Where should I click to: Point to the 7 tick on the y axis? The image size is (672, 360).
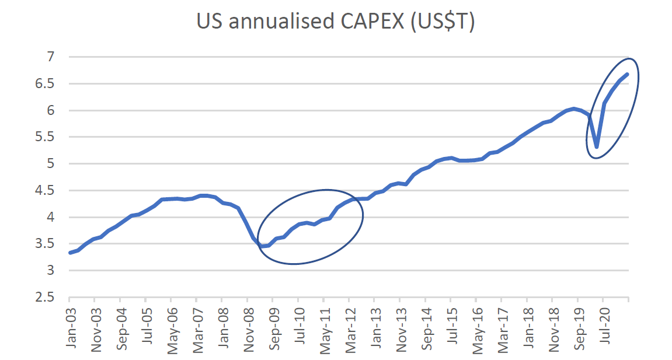coord(51,57)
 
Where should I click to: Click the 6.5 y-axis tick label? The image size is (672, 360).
coord(46,84)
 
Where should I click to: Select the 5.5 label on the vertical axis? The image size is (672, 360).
coord(46,137)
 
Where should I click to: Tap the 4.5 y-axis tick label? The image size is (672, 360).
coord(46,191)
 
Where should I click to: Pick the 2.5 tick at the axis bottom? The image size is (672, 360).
coord(46,298)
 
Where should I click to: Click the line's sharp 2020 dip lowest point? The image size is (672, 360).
coord(596,147)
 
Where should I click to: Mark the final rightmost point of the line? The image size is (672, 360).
coord(628,74)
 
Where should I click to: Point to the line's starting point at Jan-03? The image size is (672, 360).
coord(70,253)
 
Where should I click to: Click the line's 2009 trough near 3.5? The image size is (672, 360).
coord(262,246)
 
